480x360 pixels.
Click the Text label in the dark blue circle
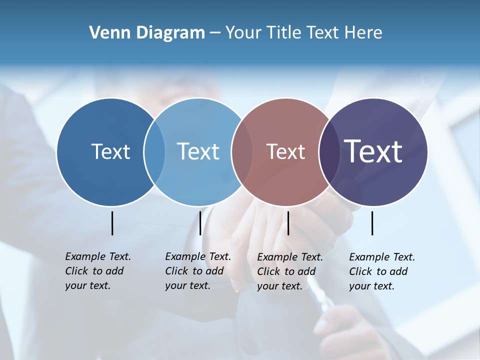click(x=110, y=151)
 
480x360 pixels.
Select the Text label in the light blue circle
click(x=198, y=151)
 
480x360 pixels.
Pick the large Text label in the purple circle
click(x=373, y=151)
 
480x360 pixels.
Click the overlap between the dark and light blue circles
click(x=154, y=152)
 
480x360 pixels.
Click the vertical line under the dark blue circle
click(x=112, y=223)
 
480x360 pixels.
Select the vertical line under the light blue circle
click(x=200, y=223)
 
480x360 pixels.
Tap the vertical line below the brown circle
click(x=288, y=223)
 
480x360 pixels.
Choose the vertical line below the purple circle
click(x=372, y=223)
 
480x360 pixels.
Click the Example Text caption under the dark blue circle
click(x=97, y=271)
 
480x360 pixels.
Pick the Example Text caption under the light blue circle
click(x=197, y=271)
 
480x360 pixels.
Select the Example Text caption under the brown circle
click(x=289, y=271)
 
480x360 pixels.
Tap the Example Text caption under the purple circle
click(x=381, y=271)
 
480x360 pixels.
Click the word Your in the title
click(x=243, y=33)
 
